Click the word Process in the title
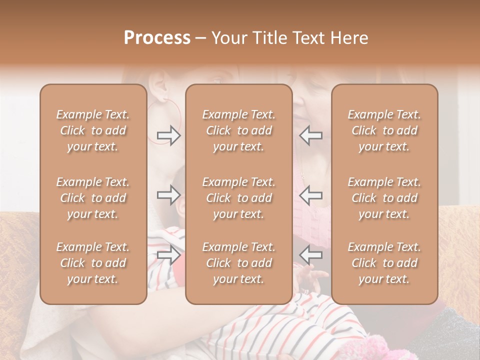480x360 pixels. pyautogui.click(x=157, y=38)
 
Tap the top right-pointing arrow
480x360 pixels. pyautogui.click(x=168, y=135)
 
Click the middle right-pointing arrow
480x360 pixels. pyautogui.click(x=168, y=194)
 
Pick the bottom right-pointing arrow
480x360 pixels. pyautogui.click(x=168, y=255)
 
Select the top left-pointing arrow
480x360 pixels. pyautogui.click(x=310, y=135)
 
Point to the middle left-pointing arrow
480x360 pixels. pyautogui.click(x=310, y=194)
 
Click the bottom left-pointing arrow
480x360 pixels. pyautogui.click(x=310, y=255)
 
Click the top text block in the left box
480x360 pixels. pyautogui.click(x=93, y=130)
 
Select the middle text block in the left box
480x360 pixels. pyautogui.click(x=93, y=198)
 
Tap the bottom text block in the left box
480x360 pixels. pyautogui.click(x=93, y=263)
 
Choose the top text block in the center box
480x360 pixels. pyautogui.click(x=238, y=130)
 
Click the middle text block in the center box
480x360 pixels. pyautogui.click(x=238, y=198)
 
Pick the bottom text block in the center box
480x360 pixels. pyautogui.click(x=238, y=263)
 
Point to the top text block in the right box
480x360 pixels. pyautogui.click(x=384, y=130)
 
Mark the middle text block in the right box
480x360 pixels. pyautogui.click(x=384, y=198)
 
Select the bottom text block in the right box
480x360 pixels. pyautogui.click(x=384, y=263)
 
